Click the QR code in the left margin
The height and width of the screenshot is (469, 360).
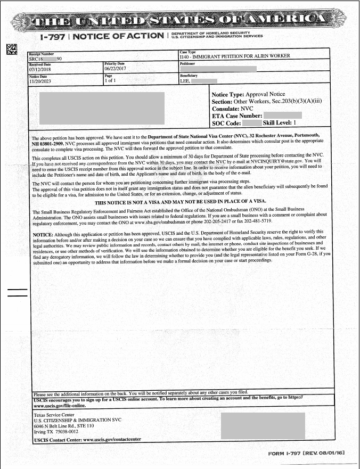11,49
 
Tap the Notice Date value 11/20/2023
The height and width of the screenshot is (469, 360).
40,81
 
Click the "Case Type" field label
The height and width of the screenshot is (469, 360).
187,52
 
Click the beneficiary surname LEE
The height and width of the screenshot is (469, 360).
185,81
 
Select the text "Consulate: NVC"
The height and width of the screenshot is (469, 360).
233,108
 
